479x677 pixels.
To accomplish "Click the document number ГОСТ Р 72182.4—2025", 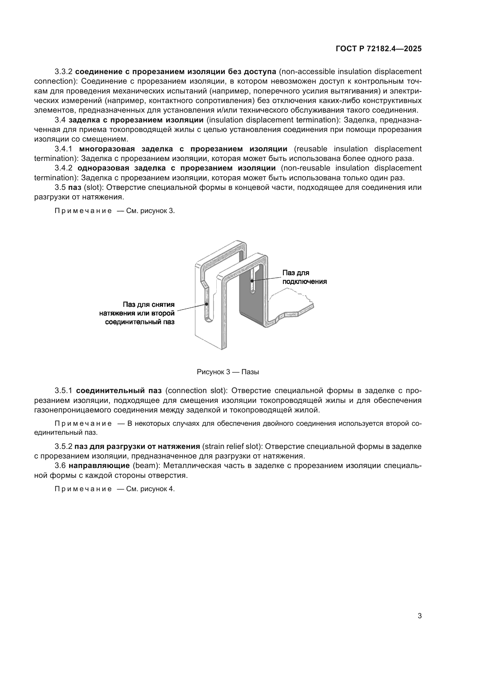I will pos(379,49).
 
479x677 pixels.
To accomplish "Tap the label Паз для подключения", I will pos(304,277).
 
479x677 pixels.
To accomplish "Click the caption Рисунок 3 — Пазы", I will pos(228,372).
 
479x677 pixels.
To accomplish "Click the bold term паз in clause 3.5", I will pos(75,188).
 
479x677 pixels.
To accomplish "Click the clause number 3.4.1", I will pos(63,149).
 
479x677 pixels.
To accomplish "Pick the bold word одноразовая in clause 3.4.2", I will pos(103,168).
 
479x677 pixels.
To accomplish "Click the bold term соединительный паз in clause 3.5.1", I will pos(118,391).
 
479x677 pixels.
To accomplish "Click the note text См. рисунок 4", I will pos(150,489).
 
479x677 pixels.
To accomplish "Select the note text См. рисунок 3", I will pos(150,211).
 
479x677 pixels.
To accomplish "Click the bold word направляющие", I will pos(99,466).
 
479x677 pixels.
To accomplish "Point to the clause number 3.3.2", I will pos(63,72).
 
